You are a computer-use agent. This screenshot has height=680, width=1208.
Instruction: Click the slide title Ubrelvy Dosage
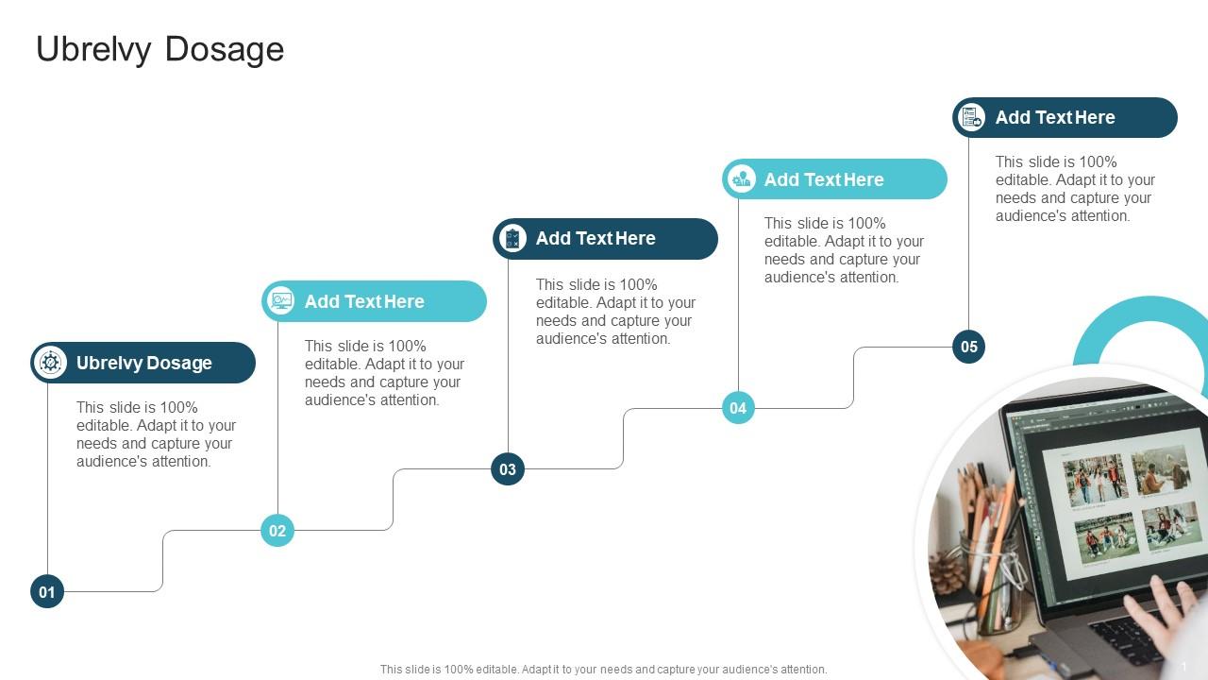tap(159, 49)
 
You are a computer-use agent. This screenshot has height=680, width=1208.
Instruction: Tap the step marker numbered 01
tap(47, 592)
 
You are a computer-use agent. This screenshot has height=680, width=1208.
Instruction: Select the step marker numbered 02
tap(277, 531)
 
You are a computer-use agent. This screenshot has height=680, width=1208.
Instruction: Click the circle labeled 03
tap(508, 469)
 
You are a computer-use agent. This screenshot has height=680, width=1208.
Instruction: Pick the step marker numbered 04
tap(738, 408)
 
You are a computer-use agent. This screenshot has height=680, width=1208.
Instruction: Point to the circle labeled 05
tap(969, 347)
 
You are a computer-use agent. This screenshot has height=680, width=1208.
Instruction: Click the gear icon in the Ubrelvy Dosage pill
tap(50, 363)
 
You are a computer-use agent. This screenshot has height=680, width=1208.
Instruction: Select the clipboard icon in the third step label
tap(512, 239)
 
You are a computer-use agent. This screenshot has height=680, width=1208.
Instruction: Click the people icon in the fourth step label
tap(743, 178)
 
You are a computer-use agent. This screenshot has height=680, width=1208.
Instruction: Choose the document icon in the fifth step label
tap(972, 117)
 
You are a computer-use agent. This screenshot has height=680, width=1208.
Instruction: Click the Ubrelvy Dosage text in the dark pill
tap(144, 363)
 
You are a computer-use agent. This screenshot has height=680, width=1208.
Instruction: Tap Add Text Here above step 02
tap(364, 301)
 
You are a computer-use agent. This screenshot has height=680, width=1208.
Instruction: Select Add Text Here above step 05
tap(1055, 117)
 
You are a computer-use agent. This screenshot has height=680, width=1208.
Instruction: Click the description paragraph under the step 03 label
tap(615, 312)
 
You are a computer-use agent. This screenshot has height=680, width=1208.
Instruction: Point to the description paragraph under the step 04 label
tap(844, 250)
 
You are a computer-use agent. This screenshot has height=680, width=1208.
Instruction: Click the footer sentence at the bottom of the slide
tap(603, 669)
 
